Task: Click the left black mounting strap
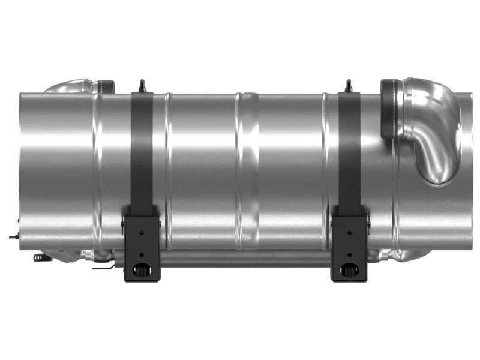click(142, 150)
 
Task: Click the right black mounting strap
click(349, 150)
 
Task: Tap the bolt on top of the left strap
click(142, 86)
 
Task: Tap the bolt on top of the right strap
click(349, 86)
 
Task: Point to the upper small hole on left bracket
click(142, 229)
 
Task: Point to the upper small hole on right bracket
click(349, 229)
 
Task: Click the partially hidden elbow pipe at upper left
click(69, 86)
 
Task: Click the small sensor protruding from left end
click(13, 237)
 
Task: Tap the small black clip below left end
click(38, 258)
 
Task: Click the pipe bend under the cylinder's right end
click(402, 256)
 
